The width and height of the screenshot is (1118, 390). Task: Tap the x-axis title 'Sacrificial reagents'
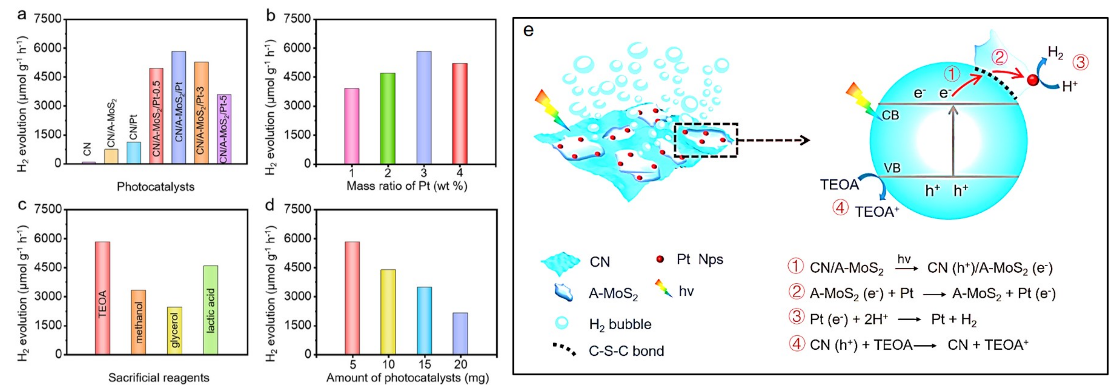[x=159, y=377]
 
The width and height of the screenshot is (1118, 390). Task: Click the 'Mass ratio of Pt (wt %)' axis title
[x=407, y=186]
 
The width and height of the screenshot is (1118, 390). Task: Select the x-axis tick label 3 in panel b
[x=424, y=173]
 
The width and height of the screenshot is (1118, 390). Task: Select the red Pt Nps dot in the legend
[x=660, y=259]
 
